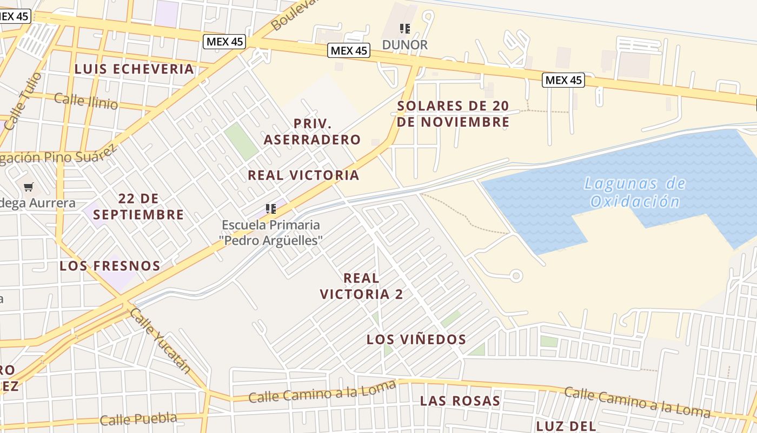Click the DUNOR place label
(405, 45)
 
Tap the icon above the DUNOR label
(405, 28)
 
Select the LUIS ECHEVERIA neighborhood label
(134, 69)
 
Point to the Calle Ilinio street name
(86, 101)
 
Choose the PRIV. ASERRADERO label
(312, 132)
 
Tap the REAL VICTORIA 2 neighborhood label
(361, 286)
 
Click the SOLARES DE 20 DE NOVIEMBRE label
(453, 114)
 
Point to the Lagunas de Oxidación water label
(635, 193)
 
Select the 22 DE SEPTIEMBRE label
(138, 206)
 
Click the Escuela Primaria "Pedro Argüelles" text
(271, 232)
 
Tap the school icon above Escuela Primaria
(271, 208)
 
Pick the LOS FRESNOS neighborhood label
(110, 266)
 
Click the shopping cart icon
(29, 187)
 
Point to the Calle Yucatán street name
(161, 340)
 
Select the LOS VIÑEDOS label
(416, 339)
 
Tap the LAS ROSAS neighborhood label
(460, 401)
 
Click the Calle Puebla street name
(138, 419)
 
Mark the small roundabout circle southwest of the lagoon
(516, 276)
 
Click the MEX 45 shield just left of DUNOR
(349, 51)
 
